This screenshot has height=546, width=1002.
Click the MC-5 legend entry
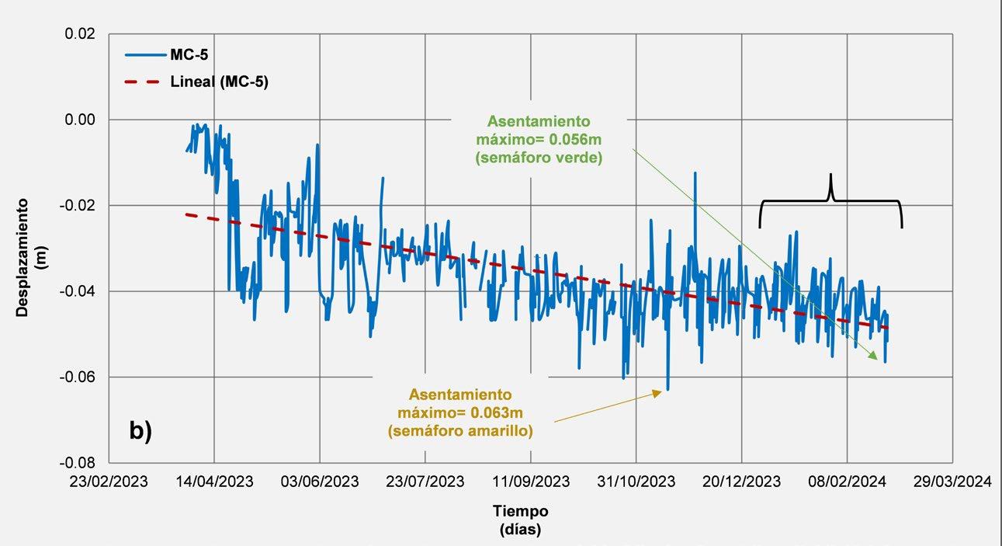coord(166,55)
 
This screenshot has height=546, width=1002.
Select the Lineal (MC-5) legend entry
coord(196,82)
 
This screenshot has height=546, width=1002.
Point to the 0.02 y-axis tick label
coord(80,34)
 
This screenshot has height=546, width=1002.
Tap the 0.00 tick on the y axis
coord(80,120)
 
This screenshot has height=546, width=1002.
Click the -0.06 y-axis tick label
coord(78,377)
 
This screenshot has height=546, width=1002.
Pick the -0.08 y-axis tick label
coord(78,463)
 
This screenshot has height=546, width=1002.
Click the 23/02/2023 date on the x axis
coord(109,482)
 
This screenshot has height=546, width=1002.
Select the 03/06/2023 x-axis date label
coord(320,482)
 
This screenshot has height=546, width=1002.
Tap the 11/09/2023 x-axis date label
coord(531,482)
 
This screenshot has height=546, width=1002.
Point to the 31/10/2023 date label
coord(636,482)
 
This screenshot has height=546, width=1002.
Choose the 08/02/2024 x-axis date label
coord(847,482)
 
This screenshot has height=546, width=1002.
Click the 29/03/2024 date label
coord(952,482)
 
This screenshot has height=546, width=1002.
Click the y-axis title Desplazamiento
coord(22,258)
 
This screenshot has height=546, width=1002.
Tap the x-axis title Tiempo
coord(521,511)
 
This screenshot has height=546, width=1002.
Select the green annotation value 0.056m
coord(575,140)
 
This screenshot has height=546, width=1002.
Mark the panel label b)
coord(141,430)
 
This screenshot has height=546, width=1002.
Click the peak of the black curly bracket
coord(830,174)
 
